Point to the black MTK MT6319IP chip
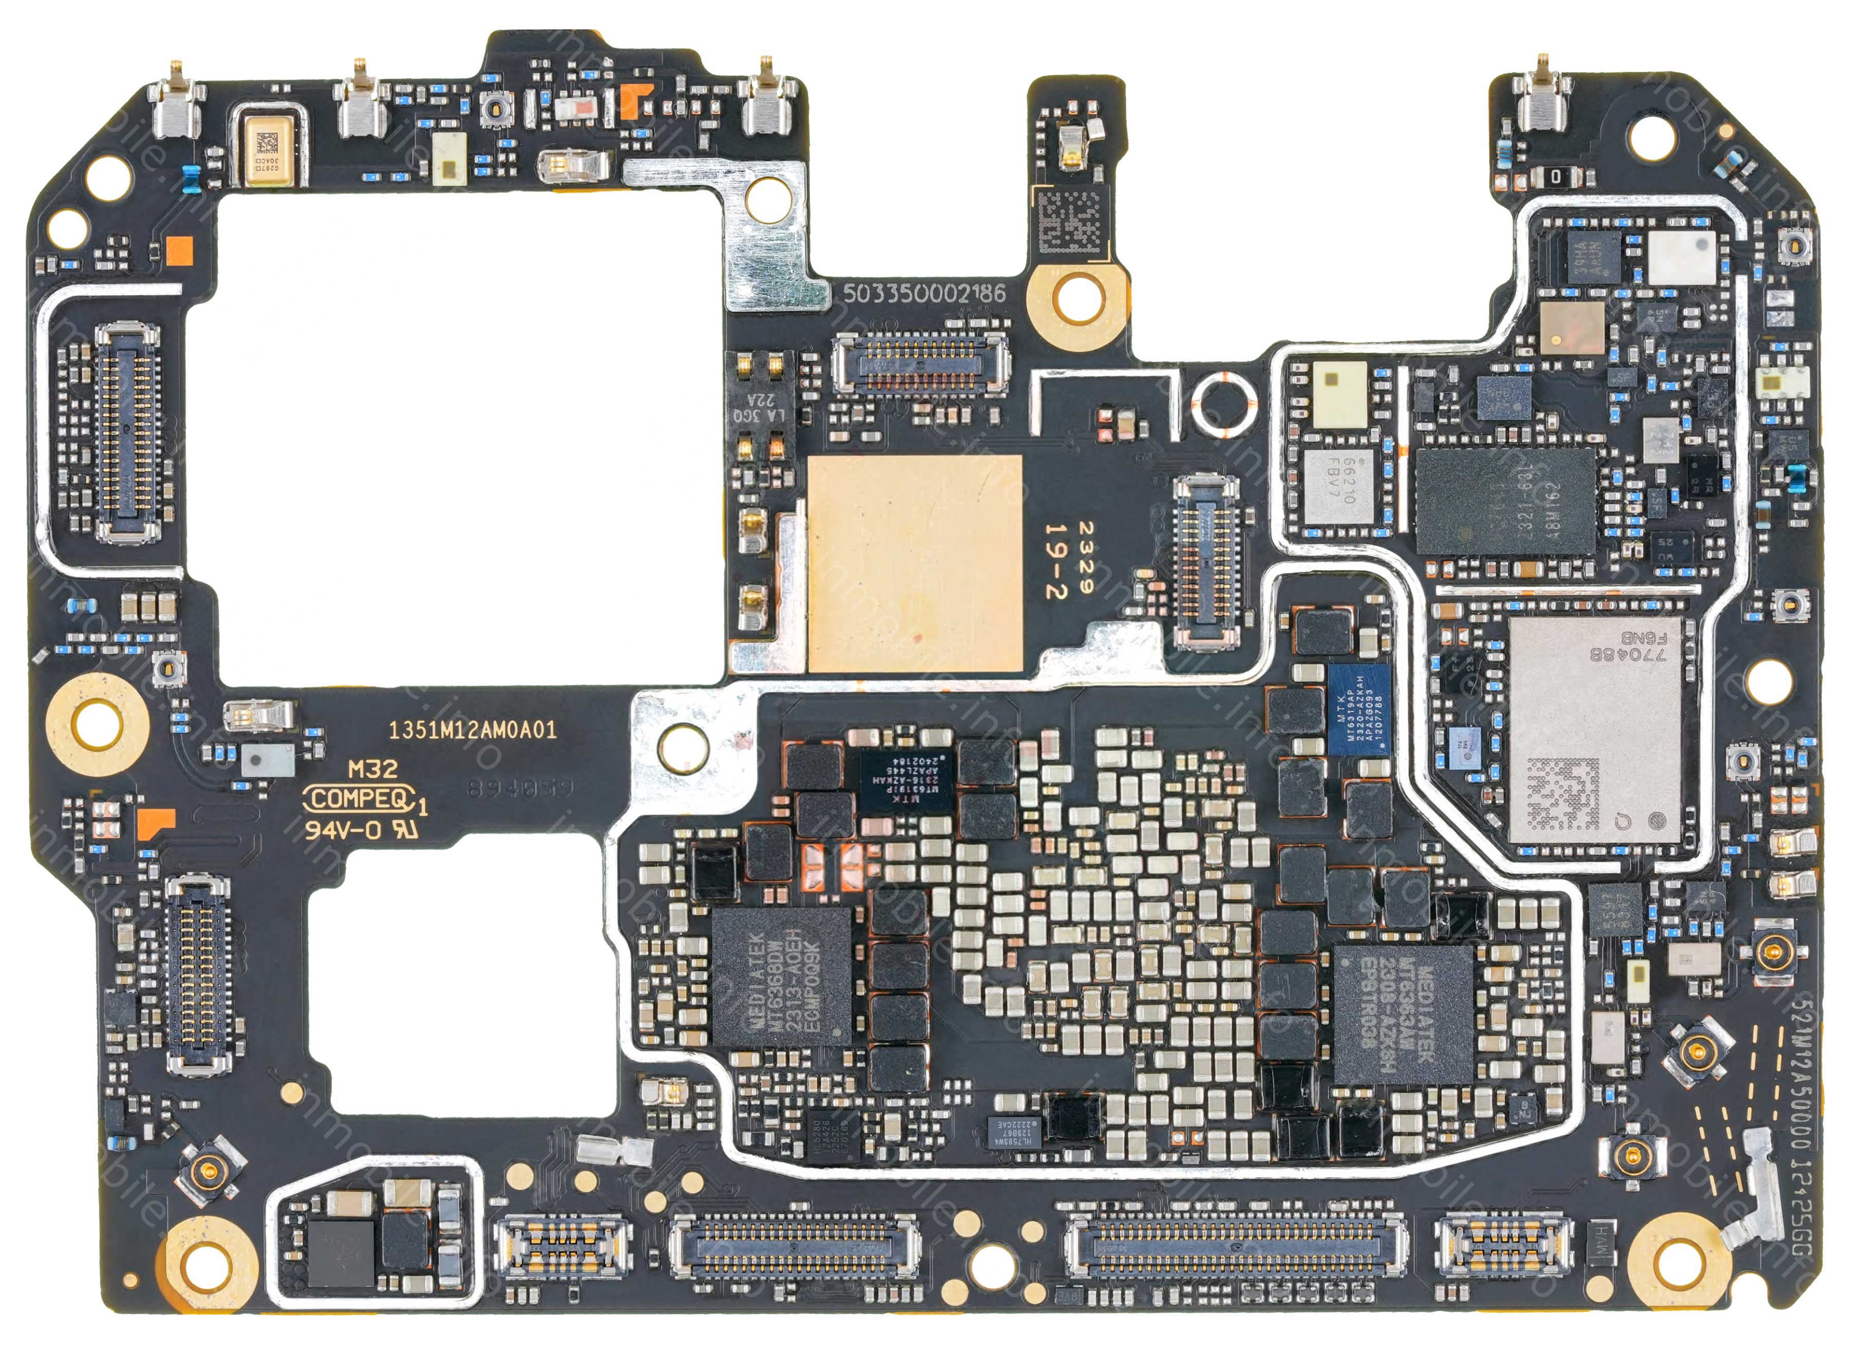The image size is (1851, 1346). coord(906,780)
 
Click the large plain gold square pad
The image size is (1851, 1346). coord(914,563)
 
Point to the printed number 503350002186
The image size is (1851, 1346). coord(924,294)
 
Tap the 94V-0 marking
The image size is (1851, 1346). coord(343,830)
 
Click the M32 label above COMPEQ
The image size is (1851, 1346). coord(373,769)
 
